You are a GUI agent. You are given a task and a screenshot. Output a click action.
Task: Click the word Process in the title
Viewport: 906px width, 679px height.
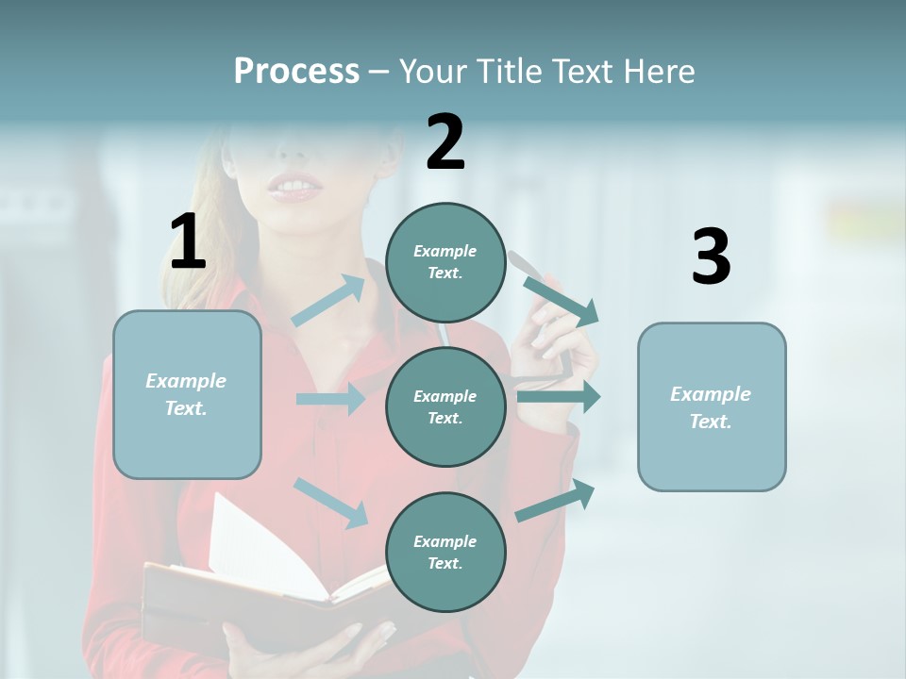tap(296, 72)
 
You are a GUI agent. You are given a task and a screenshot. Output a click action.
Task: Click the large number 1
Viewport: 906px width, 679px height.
tap(188, 242)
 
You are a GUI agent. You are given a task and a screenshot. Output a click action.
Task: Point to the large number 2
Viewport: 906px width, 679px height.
tap(445, 143)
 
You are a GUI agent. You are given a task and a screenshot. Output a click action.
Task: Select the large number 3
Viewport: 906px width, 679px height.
tap(711, 257)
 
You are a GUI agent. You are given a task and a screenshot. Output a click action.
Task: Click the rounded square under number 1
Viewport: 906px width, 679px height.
tap(187, 394)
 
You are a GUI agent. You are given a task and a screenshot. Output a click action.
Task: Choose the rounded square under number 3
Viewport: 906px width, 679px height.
tap(712, 406)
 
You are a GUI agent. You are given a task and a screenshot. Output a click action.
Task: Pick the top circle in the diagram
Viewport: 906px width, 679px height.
tap(445, 262)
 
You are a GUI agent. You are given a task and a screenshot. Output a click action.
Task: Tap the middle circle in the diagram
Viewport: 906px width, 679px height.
tap(445, 406)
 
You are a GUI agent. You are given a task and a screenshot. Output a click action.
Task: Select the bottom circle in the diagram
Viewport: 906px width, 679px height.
tap(445, 552)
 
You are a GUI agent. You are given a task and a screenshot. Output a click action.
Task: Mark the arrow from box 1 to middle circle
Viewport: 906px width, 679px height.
tap(330, 399)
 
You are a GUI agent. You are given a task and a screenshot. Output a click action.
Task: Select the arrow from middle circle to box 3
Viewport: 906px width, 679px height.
tap(559, 396)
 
